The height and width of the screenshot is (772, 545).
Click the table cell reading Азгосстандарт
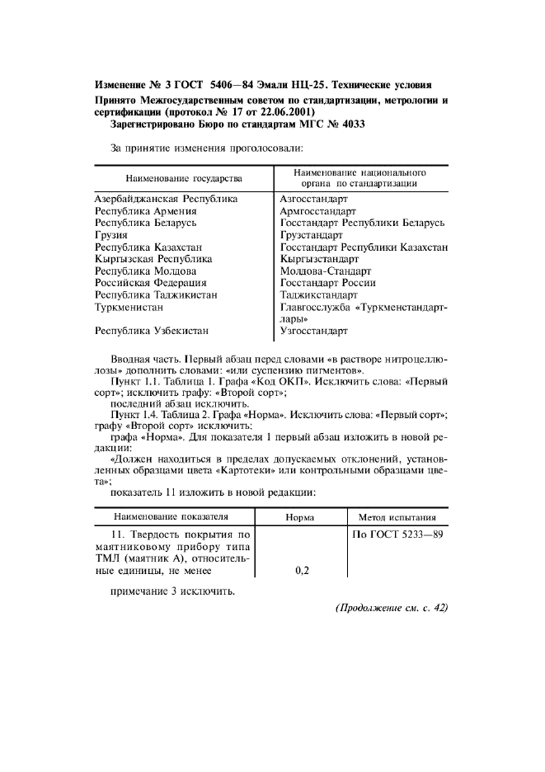pyautogui.click(x=314, y=199)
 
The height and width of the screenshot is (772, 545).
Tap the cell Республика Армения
pyautogui.click(x=145, y=211)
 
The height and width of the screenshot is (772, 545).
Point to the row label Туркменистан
pyautogui.click(x=129, y=306)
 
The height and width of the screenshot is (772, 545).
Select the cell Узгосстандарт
pyautogui.click(x=314, y=331)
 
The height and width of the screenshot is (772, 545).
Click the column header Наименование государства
pyautogui.click(x=183, y=178)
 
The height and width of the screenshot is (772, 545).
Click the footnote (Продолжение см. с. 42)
pyautogui.click(x=391, y=609)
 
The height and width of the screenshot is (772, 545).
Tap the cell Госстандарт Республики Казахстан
pyautogui.click(x=364, y=247)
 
